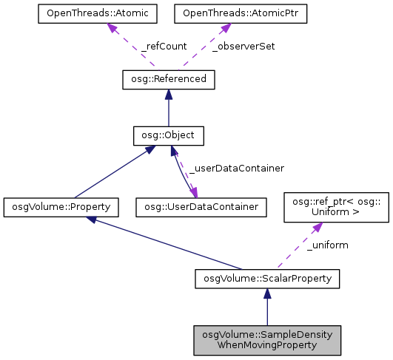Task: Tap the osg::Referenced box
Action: pyautogui.click(x=168, y=79)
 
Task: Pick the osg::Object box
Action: pyautogui.click(x=168, y=136)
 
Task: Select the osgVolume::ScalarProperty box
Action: pyautogui.click(x=267, y=278)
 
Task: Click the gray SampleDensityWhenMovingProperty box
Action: pyautogui.click(x=267, y=340)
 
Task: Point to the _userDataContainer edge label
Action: pyautogui.click(x=237, y=169)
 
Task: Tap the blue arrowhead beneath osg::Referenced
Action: pyautogui.click(x=168, y=95)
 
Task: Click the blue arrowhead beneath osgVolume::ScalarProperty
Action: pyautogui.click(x=267, y=293)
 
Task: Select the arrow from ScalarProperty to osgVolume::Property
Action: pyautogui.click(x=170, y=242)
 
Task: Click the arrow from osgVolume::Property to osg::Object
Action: pyautogui.click(x=111, y=174)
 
